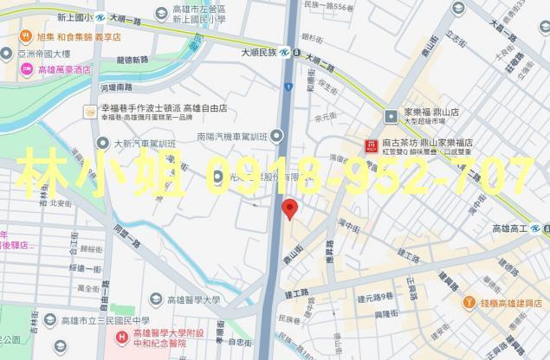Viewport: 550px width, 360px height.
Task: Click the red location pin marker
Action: (290, 208)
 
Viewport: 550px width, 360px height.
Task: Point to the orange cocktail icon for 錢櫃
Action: (469, 303)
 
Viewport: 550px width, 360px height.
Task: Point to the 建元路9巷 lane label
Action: (373, 297)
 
